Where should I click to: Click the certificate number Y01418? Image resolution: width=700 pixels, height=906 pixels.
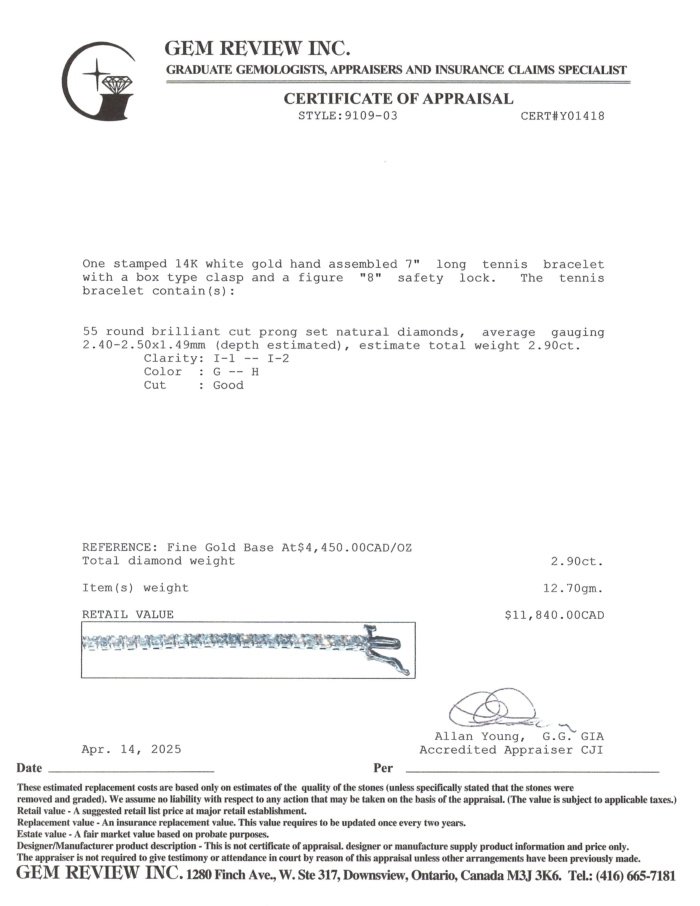coord(576,116)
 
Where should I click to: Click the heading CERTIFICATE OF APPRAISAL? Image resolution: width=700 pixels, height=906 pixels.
coord(398,99)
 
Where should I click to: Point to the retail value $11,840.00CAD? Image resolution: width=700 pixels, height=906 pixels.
coord(554,615)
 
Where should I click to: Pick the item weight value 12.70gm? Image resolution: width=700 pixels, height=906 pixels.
coord(573,588)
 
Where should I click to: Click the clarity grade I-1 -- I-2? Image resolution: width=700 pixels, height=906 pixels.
coord(251,358)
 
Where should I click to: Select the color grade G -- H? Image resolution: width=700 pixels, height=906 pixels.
coord(236,372)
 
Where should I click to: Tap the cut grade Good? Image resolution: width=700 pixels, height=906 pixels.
coord(228,385)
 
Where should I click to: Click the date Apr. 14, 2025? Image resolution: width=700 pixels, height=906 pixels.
coord(131,749)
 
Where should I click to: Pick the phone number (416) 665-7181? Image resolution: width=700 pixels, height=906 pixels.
coord(635,876)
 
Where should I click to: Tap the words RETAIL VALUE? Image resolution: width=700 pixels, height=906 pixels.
coord(128,615)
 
